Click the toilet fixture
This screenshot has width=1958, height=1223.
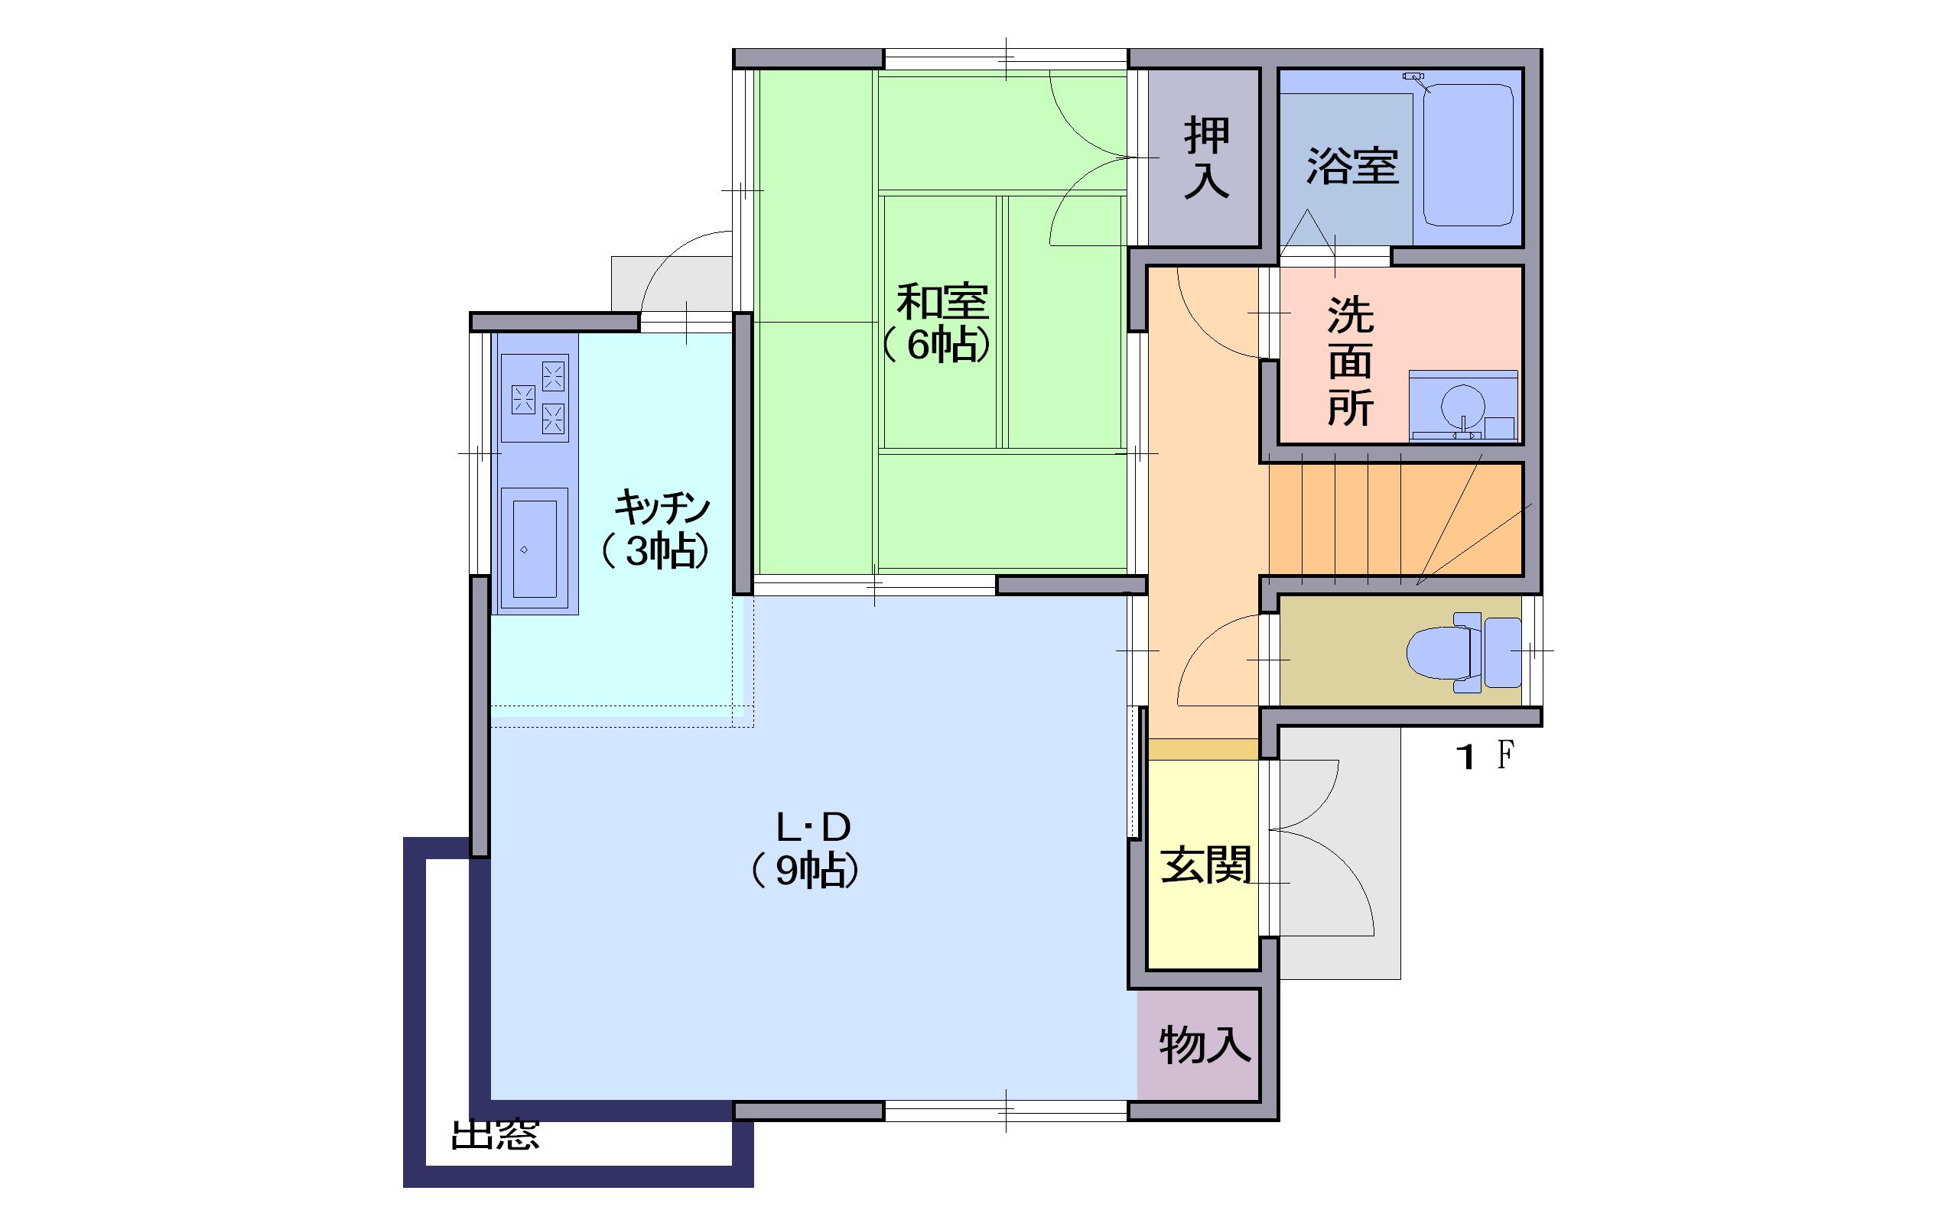(1463, 652)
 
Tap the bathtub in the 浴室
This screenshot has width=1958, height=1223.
(1468, 155)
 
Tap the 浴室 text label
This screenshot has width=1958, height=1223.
(1353, 166)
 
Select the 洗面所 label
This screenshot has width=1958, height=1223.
(1349, 361)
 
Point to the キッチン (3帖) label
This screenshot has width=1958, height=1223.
(657, 529)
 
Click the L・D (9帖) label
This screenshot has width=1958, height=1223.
(807, 849)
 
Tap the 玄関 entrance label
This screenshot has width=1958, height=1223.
(1205, 865)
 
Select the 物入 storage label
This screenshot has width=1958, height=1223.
(1205, 1044)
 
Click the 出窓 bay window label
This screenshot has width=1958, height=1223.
(494, 1135)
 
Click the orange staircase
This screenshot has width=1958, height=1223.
(1396, 519)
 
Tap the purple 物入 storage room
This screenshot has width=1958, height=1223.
(1199, 1044)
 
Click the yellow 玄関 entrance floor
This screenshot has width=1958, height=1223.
(1203, 864)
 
